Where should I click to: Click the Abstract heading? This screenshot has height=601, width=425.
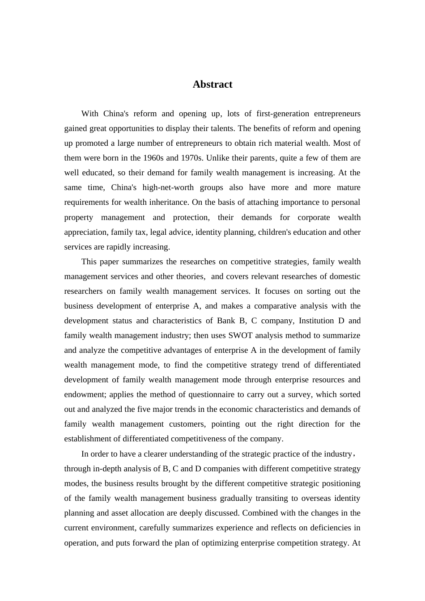[x=212, y=85]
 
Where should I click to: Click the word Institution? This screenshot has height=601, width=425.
[x=316, y=321]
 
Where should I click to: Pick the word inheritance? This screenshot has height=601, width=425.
[x=170, y=202]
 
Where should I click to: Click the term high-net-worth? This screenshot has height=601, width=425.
[x=166, y=187]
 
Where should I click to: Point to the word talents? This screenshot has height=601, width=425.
[x=221, y=128]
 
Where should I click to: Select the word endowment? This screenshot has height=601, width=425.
[x=85, y=394]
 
